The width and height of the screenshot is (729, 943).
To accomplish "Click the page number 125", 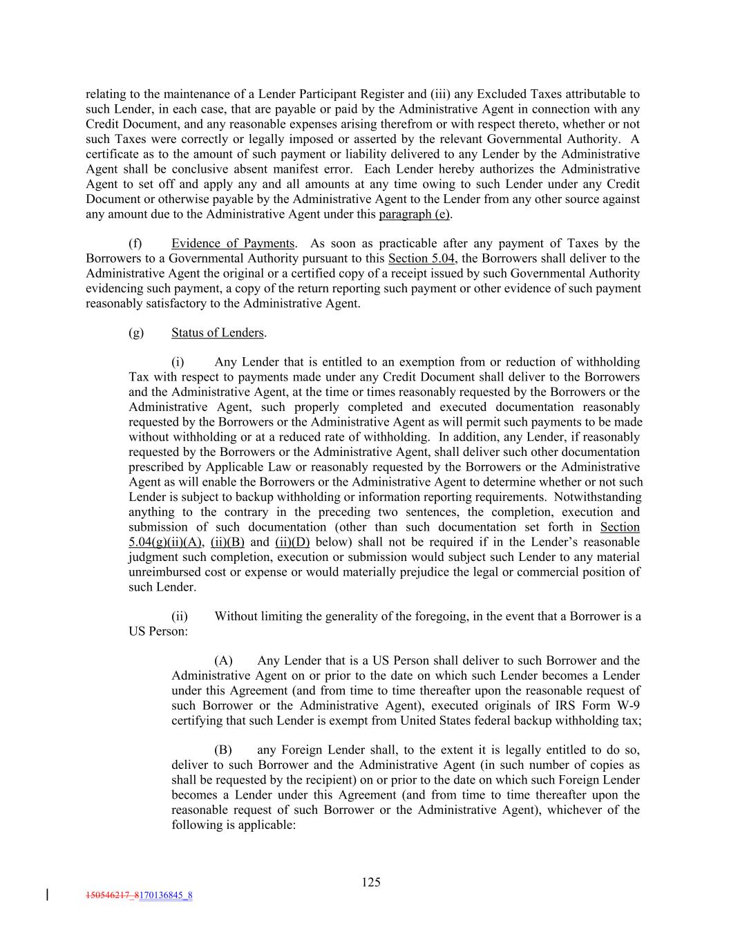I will click(371, 882).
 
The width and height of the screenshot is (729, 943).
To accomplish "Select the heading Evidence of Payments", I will click(233, 243).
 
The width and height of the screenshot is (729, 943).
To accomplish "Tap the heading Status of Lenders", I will click(218, 332).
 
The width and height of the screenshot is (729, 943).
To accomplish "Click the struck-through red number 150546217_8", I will click(112, 896).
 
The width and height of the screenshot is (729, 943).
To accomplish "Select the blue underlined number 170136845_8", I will click(166, 896).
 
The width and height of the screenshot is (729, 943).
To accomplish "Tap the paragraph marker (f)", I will click(135, 243).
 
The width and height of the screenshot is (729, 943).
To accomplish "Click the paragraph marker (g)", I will click(136, 332).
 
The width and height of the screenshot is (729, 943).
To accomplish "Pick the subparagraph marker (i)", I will click(178, 362).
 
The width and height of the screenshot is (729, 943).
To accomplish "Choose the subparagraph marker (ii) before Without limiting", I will click(179, 616).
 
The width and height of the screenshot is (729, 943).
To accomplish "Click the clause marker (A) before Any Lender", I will click(223, 661).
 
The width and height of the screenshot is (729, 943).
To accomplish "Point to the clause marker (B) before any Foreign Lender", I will click(223, 750).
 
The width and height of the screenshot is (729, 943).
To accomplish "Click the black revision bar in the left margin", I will click(47, 895).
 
